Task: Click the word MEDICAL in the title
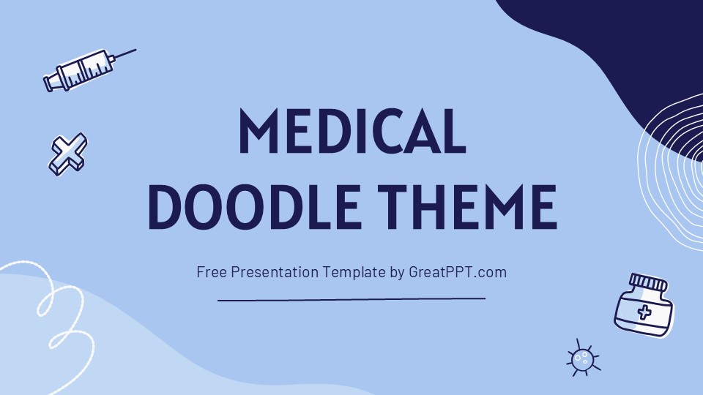[352, 132]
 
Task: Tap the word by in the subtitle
[398, 272]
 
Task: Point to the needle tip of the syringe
[135, 50]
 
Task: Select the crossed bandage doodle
[67, 154]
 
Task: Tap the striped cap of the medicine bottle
[649, 282]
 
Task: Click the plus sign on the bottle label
[644, 313]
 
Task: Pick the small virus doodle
[582, 358]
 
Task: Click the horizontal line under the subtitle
[351, 298]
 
